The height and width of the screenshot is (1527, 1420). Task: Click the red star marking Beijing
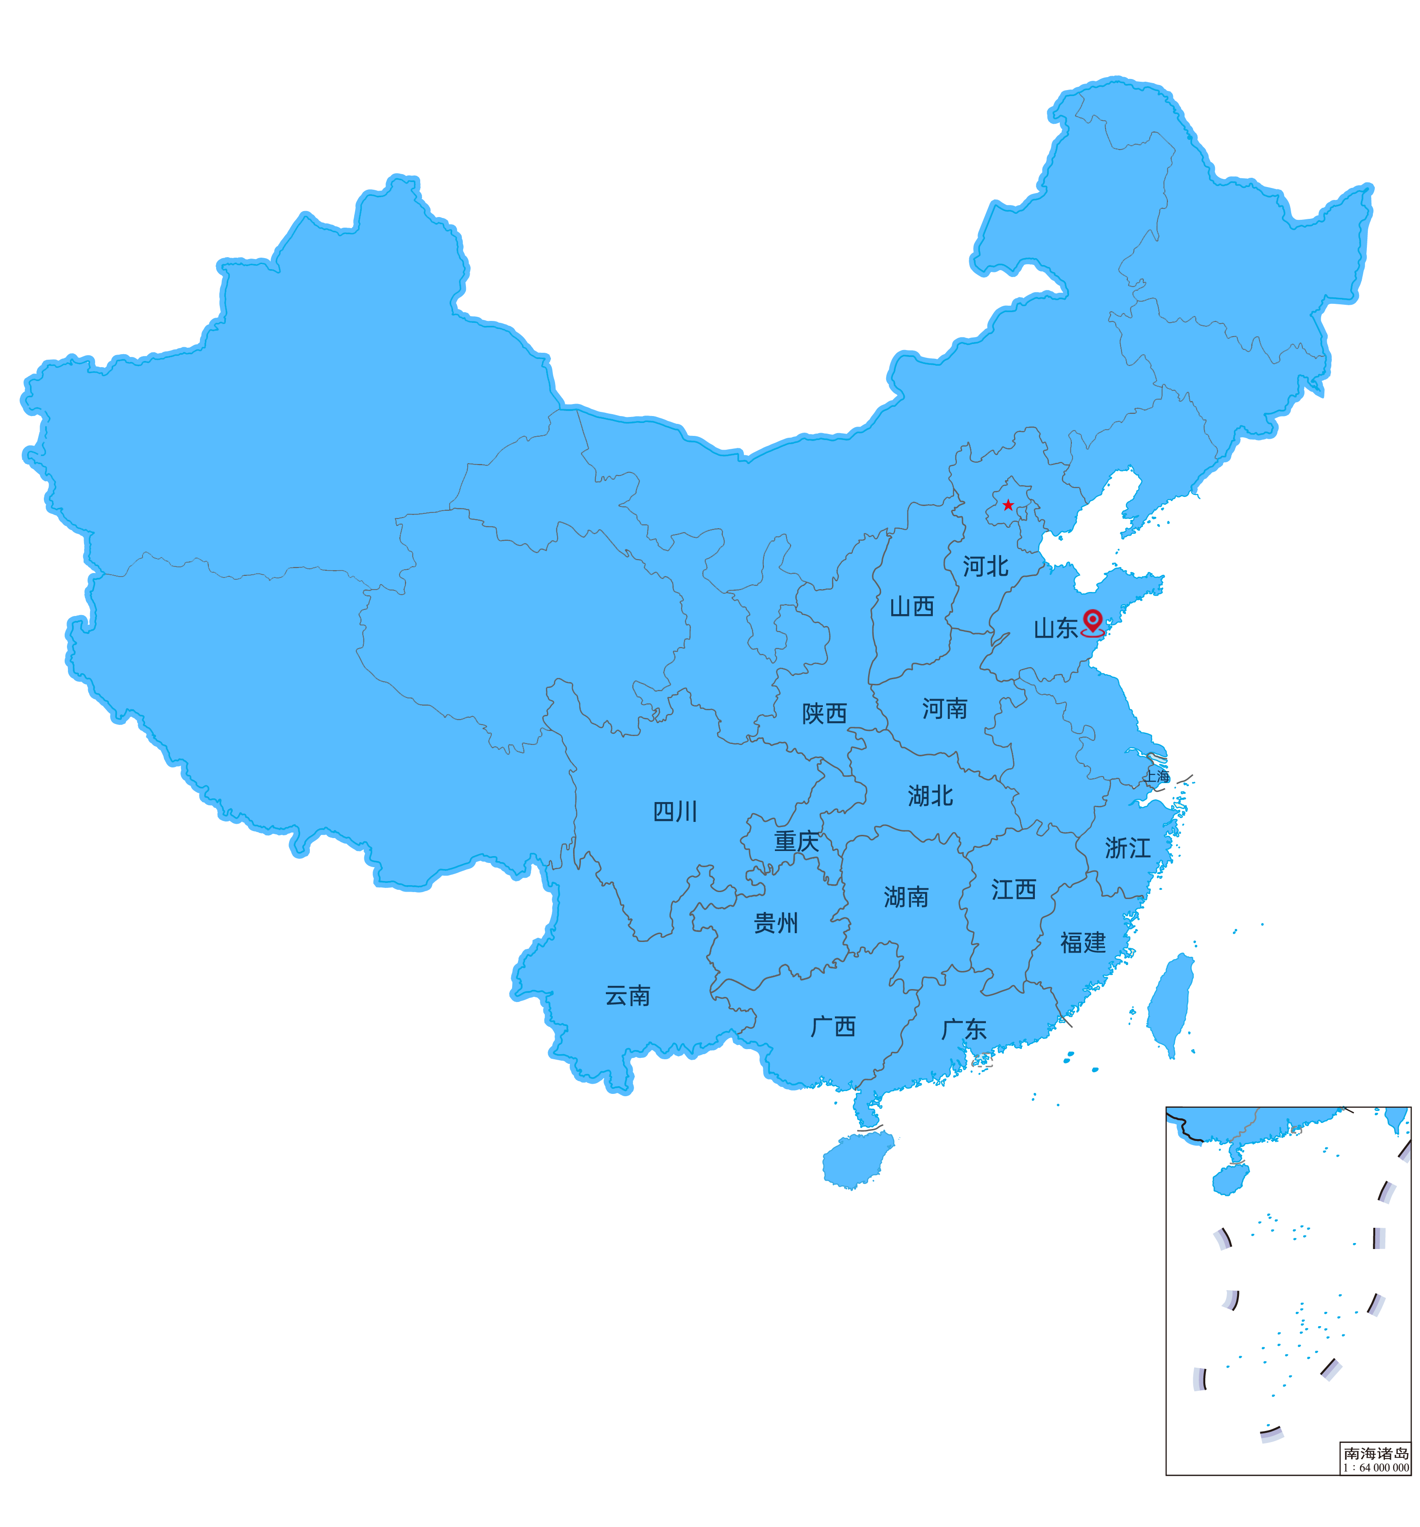pyautogui.click(x=1008, y=505)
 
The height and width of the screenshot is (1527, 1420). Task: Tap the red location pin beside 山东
pyautogui.click(x=1092, y=622)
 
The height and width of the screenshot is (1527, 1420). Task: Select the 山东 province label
pyautogui.click(x=1055, y=628)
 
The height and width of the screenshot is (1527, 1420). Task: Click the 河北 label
pyautogui.click(x=985, y=567)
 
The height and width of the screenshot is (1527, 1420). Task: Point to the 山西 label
pyautogui.click(x=912, y=607)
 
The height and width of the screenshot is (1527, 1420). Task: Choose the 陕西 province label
pyautogui.click(x=824, y=713)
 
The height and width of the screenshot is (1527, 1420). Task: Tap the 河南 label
pyautogui.click(x=945, y=708)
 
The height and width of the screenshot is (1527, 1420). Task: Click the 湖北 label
pyautogui.click(x=930, y=796)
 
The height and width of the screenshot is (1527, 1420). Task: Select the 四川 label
pyautogui.click(x=675, y=812)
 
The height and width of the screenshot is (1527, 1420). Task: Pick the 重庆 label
pyautogui.click(x=797, y=842)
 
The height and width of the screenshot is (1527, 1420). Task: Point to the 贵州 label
pyautogui.click(x=776, y=923)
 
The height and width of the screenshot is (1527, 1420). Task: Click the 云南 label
pyautogui.click(x=628, y=996)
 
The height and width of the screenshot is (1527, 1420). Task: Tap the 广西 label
pyautogui.click(x=833, y=1027)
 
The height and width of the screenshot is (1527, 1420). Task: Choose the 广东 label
pyautogui.click(x=964, y=1029)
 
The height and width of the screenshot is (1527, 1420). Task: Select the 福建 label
pyautogui.click(x=1083, y=942)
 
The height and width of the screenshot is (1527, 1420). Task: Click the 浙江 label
pyautogui.click(x=1127, y=848)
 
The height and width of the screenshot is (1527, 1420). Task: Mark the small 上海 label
pyautogui.click(x=1157, y=777)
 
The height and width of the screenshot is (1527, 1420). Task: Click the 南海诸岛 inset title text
pyautogui.click(x=1376, y=1453)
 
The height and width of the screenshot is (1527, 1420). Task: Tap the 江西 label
pyautogui.click(x=1013, y=889)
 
